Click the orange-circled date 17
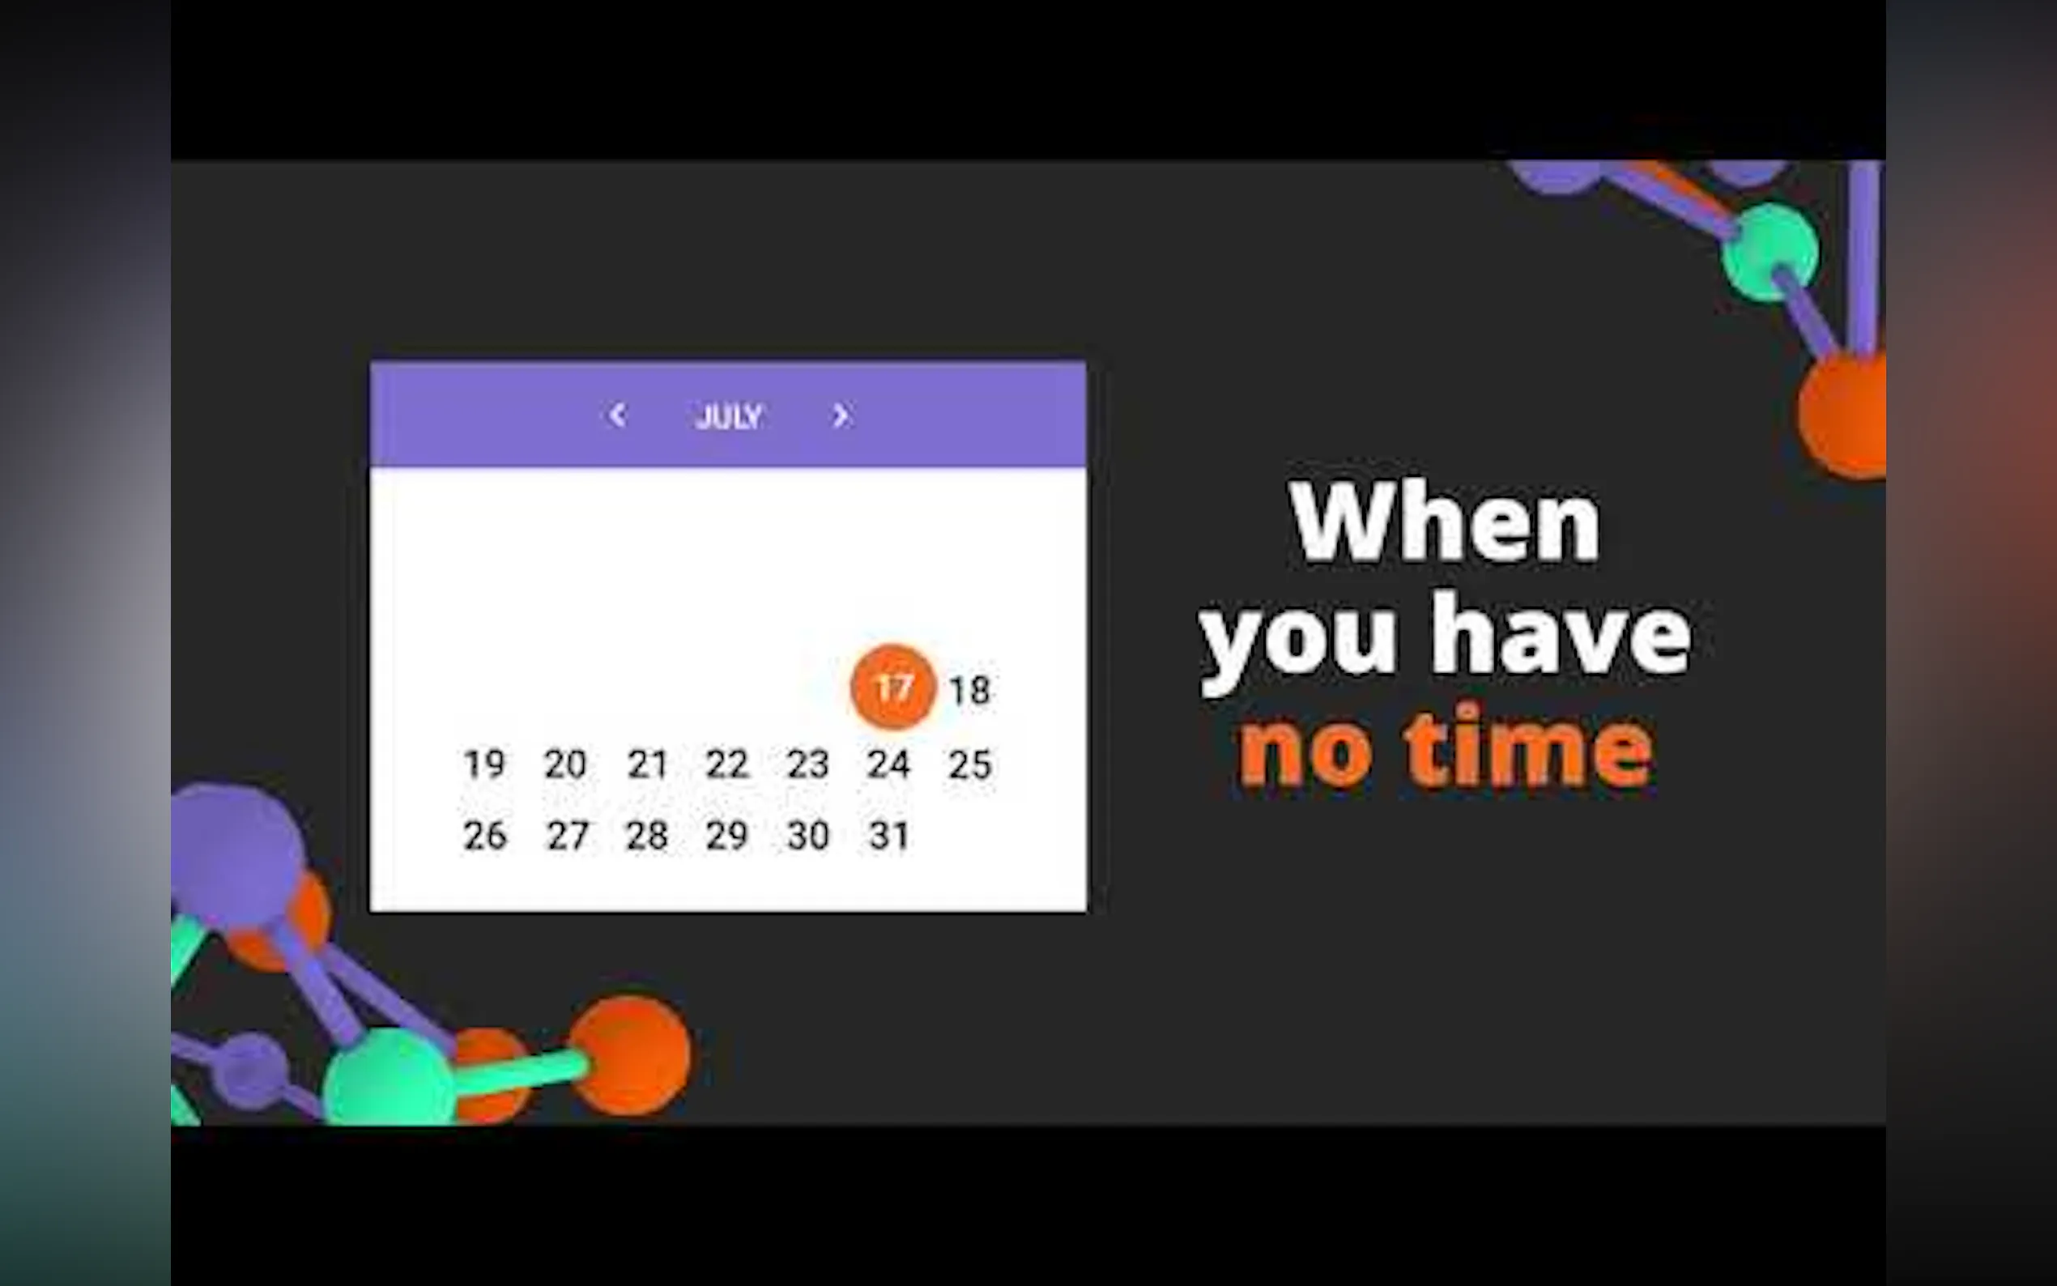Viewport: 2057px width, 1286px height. click(893, 688)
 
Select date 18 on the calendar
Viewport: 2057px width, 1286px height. click(969, 691)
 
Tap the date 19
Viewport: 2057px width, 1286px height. click(485, 764)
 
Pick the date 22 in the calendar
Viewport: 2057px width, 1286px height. click(727, 764)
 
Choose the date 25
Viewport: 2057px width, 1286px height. click(970, 764)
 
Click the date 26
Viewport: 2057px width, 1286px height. click(485, 835)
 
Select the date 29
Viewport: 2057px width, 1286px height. click(726, 835)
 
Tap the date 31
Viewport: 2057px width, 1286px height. click(889, 835)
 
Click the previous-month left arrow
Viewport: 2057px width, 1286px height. click(617, 415)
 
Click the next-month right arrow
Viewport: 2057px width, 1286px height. click(840, 415)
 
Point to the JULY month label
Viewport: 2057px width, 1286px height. click(729, 417)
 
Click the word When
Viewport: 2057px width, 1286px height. click(1445, 521)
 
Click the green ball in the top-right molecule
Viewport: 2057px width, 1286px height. click(1770, 252)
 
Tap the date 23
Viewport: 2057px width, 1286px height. click(808, 764)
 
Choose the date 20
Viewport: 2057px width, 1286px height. click(565, 764)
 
